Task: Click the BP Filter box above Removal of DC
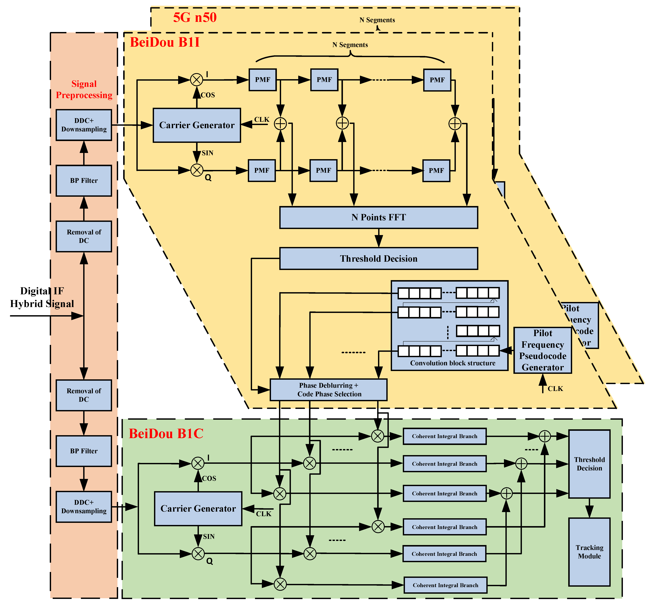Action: pos(84,181)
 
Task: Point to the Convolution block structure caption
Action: pos(453,363)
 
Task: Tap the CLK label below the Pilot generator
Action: pos(555,388)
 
